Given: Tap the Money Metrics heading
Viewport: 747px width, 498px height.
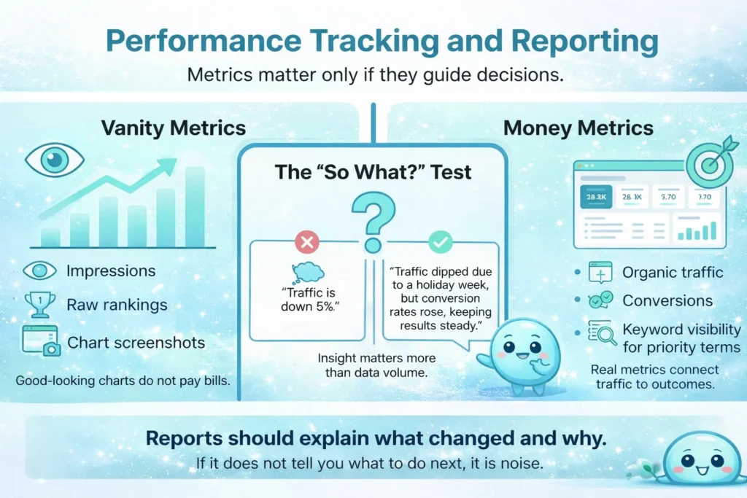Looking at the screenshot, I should pyautogui.click(x=578, y=129).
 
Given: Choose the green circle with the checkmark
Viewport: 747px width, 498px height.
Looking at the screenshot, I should pyautogui.click(x=440, y=242).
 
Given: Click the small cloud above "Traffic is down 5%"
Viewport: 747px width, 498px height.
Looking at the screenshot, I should pyautogui.click(x=308, y=272).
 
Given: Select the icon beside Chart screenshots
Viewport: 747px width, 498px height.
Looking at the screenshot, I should pyautogui.click(x=41, y=341).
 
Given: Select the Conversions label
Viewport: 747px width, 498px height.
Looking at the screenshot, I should pyautogui.click(x=667, y=300).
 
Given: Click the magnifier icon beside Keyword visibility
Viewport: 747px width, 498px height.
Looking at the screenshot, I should pyautogui.click(x=602, y=334).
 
